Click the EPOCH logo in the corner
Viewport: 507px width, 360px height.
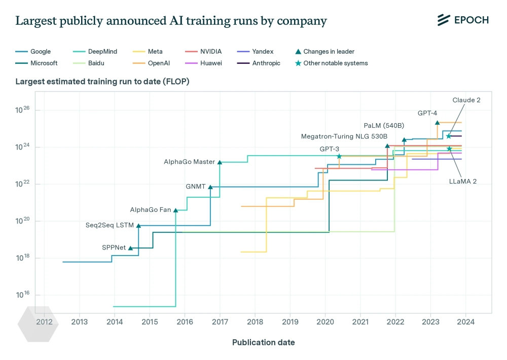(x=463, y=20)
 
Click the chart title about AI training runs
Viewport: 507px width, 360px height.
(x=171, y=21)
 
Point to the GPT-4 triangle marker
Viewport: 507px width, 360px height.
(x=437, y=123)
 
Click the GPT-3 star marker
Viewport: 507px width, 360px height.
(x=339, y=156)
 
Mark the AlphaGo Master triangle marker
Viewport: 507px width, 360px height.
(x=220, y=162)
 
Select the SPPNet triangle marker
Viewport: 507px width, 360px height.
(x=130, y=248)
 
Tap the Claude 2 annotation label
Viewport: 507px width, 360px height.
(x=466, y=100)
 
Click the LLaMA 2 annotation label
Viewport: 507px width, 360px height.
(x=462, y=181)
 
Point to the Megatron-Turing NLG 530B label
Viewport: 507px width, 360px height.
(x=344, y=136)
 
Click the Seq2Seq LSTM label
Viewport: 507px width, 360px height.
(x=110, y=225)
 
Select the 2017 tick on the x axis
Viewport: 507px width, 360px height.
(x=220, y=321)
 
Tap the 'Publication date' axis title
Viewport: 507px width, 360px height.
(x=263, y=342)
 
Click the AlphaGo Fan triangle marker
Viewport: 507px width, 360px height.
(x=176, y=210)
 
